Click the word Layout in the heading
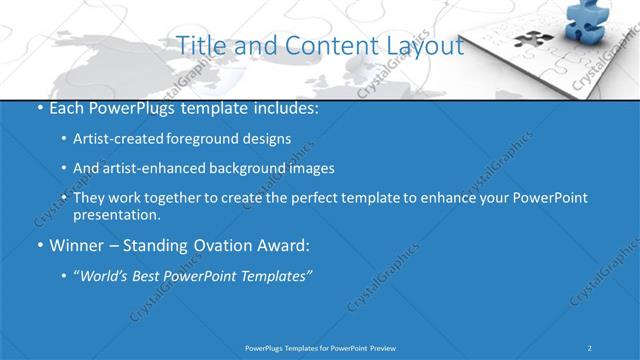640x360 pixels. pyautogui.click(x=425, y=46)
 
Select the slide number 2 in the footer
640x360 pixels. pyautogui.click(x=590, y=347)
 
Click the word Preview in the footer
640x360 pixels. pyautogui.click(x=388, y=347)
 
